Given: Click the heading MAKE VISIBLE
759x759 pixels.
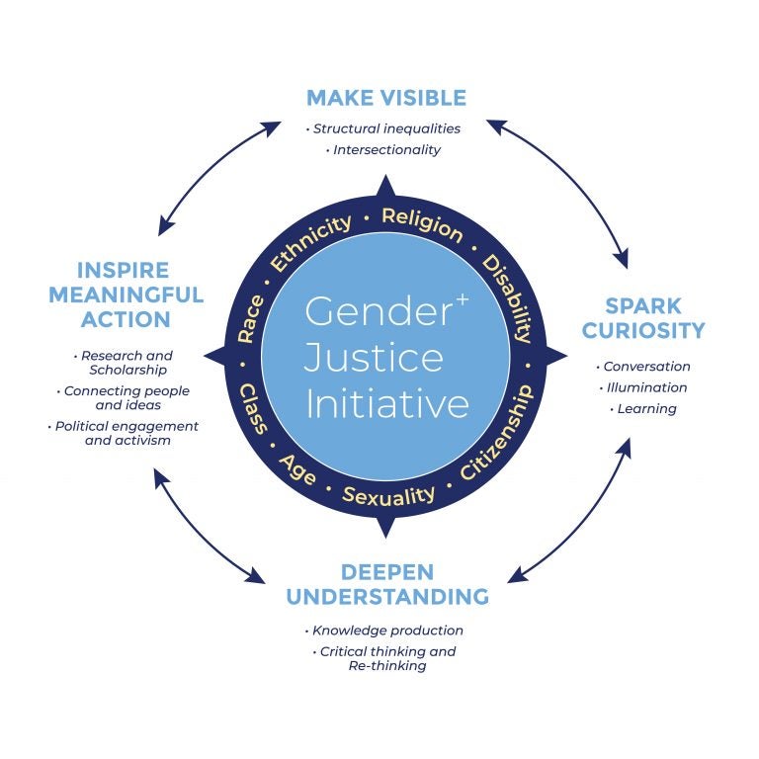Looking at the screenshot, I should click(x=385, y=98).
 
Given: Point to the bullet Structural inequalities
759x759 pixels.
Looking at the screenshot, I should click(x=385, y=128).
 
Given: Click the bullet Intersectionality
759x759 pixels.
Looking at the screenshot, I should click(x=385, y=150).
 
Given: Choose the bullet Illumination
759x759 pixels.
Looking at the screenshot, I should click(x=646, y=387).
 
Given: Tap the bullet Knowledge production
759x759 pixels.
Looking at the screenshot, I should click(x=386, y=631).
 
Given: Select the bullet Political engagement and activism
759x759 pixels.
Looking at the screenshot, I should click(x=126, y=433).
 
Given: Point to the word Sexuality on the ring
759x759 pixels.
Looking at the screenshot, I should click(x=387, y=493).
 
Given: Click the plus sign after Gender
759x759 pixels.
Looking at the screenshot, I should click(x=462, y=298).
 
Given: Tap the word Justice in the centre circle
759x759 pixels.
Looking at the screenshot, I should click(x=374, y=357).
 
